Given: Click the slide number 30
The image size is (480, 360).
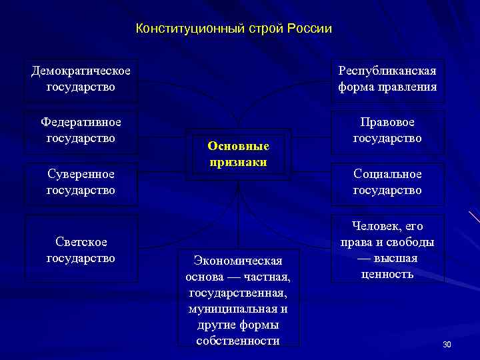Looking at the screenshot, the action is (447, 344).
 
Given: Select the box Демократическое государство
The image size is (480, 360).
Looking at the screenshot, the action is (81, 79).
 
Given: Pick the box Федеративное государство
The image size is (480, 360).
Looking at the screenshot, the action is (81, 131).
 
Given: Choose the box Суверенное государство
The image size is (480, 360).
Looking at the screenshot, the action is (81, 182).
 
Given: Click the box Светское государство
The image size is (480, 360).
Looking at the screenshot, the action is (81, 249).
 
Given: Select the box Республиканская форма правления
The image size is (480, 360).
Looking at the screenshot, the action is (387, 79).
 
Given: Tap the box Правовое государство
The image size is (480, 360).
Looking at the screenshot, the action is (387, 131).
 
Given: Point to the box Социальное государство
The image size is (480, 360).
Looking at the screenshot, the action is (387, 182).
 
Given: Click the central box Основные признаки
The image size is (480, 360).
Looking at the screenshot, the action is (238, 154).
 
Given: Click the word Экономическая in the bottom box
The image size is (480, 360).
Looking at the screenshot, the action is (238, 260).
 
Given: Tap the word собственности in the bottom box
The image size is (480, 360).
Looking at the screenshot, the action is (238, 341).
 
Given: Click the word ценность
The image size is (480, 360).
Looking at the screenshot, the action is (387, 273).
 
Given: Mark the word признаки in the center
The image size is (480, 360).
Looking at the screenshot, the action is (238, 162).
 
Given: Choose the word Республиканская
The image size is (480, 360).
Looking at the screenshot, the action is (387, 71).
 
